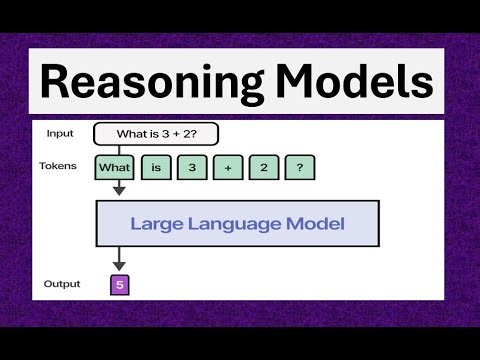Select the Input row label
[61, 133]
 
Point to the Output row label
[62, 284]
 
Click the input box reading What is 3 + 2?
[155, 134]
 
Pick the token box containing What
[115, 167]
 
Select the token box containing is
[156, 167]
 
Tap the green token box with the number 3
[191, 167]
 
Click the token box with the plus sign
[227, 167]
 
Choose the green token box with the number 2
[263, 167]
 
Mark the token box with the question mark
[299, 167]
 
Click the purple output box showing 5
[119, 285]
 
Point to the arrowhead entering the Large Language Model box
[119, 190]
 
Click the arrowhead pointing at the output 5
[119, 265]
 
